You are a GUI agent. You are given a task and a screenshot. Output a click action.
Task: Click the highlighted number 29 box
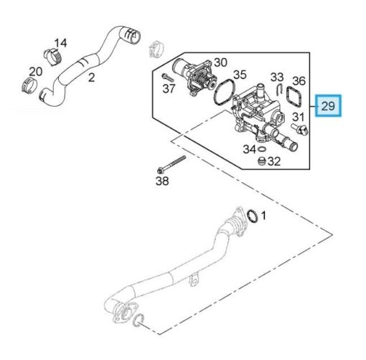(x=328, y=105)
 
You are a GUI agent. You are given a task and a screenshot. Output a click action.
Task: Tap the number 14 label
(x=60, y=43)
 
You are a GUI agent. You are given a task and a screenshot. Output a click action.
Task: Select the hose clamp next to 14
(x=52, y=57)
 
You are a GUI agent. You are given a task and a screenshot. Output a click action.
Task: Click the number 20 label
(x=36, y=72)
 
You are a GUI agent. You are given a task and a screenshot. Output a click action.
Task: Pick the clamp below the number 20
(x=29, y=85)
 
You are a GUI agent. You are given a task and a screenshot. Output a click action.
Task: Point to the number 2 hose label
(x=91, y=77)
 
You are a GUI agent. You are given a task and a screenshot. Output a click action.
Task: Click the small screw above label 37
(x=169, y=77)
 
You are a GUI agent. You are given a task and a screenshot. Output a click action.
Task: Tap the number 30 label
(x=220, y=62)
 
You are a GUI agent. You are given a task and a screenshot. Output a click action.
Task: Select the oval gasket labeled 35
(x=225, y=93)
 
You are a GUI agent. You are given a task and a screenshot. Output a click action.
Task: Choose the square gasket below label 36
(x=294, y=98)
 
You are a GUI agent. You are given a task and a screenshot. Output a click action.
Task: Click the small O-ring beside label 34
(x=262, y=150)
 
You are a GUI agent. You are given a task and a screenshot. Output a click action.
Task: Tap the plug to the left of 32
(x=262, y=161)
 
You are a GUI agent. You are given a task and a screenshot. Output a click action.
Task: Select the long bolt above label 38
(x=172, y=164)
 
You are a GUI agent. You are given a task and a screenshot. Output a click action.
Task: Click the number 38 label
(x=162, y=181)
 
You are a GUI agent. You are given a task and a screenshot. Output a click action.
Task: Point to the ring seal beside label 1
(x=253, y=216)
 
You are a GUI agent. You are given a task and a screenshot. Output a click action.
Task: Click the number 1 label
(x=263, y=216)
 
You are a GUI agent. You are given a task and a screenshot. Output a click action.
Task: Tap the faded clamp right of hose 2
(x=156, y=48)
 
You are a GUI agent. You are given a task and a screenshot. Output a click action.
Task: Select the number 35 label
(x=240, y=75)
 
